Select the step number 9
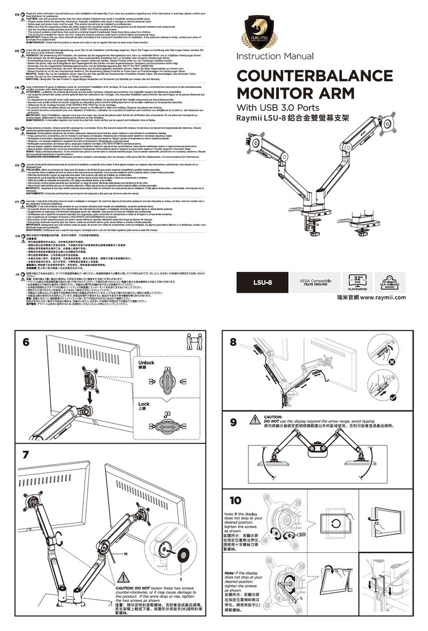[x=233, y=422]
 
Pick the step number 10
[x=235, y=501]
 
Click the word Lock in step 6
[x=144, y=404]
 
